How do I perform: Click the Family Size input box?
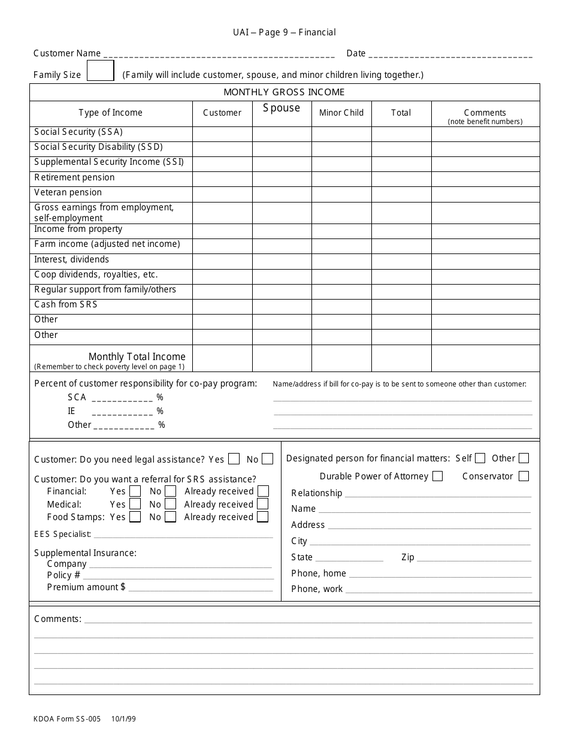coord(101,71)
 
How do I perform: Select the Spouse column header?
coord(282,108)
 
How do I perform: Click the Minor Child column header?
coord(341,113)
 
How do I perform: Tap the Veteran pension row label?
coord(68,192)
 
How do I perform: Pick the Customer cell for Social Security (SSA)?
coord(222,134)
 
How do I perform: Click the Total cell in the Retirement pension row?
coord(401,179)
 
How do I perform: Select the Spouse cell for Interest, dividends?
coord(282,261)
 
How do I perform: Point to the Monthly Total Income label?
coord(137,357)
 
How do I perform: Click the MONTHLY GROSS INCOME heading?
coord(284,92)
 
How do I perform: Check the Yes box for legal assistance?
coord(234,459)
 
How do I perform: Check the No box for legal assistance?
coord(267,459)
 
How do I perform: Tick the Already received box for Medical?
coord(262,505)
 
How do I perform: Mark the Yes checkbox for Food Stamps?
coord(135,517)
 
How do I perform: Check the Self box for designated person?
coord(480,458)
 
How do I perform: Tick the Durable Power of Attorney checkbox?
coord(437,476)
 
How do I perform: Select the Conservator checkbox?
coord(523,476)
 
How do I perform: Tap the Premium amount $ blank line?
coord(201,588)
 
